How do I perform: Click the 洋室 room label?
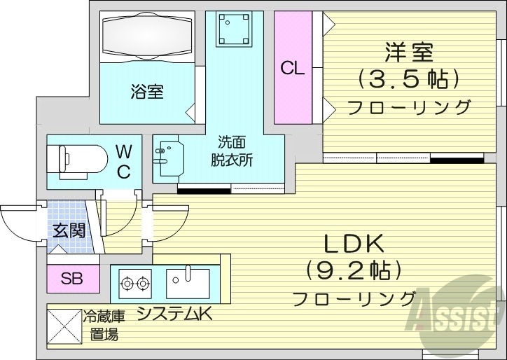pos(409,52)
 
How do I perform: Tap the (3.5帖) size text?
pos(409,78)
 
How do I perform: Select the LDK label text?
pos(354,244)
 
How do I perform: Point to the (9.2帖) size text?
pos(354,270)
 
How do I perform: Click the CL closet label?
pos(292,69)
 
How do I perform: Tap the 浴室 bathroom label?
pos(146,91)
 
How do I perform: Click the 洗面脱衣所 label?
pos(231,151)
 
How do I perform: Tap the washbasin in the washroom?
pos(168,158)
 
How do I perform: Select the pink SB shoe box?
pos(71,279)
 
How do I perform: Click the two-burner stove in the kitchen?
pos(134,284)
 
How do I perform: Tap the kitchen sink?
pos(186,284)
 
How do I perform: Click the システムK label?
pos(174,314)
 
